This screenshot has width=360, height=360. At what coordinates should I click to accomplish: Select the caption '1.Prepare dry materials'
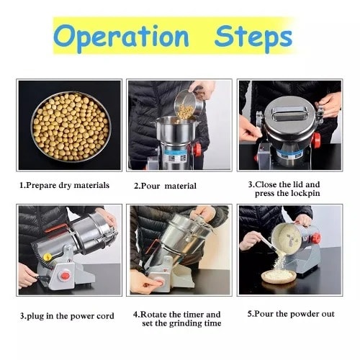(x=64, y=185)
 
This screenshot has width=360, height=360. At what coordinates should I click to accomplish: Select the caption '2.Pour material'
(x=165, y=186)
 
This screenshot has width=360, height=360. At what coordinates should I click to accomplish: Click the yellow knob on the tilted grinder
(x=48, y=256)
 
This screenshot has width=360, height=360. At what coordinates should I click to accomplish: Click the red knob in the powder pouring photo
(x=314, y=237)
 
